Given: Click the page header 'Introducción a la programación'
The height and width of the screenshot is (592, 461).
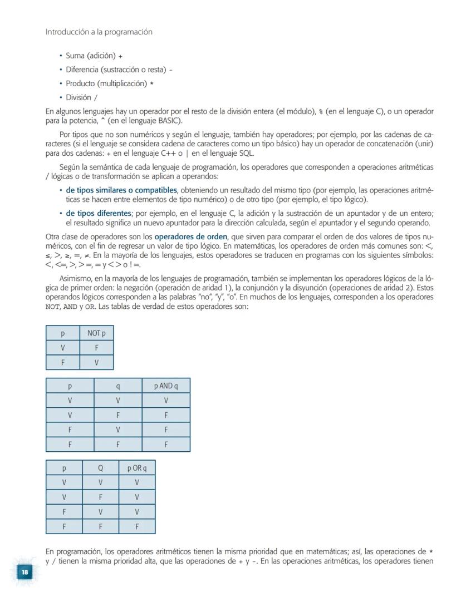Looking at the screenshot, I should (99, 32).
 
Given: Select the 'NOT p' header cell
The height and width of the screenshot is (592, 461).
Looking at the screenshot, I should (96, 333).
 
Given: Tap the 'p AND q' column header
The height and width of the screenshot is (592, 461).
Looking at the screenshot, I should (166, 386).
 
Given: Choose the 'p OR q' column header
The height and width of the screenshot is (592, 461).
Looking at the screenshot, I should (136, 468).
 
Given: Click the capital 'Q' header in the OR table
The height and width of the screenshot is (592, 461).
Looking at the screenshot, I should (100, 468).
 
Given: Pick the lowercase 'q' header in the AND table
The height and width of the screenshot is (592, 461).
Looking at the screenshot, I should (118, 386).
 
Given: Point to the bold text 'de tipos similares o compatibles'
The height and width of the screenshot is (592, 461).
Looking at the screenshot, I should (121, 190).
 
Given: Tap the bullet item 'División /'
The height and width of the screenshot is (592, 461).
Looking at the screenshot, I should (81, 97).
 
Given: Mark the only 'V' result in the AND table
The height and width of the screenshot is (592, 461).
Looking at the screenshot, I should (166, 400).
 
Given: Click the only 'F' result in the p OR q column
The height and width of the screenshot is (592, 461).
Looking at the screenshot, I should (136, 526).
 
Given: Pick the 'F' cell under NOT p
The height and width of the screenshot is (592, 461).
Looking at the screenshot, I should (96, 348).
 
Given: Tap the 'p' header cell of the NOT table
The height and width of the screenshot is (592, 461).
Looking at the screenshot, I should (62, 333).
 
